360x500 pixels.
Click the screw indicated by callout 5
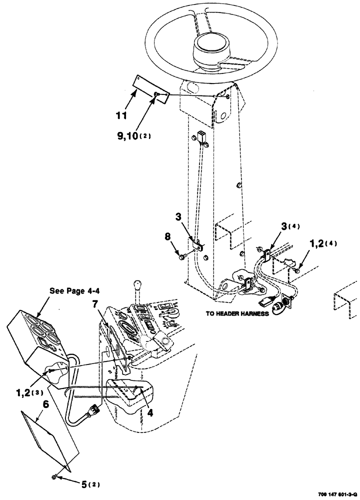pyautogui.click(x=54, y=478)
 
